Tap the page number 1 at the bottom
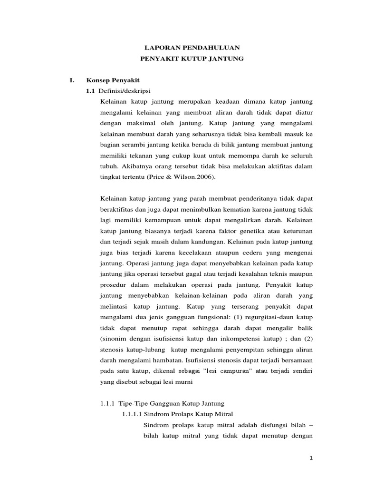coord(311,458)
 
